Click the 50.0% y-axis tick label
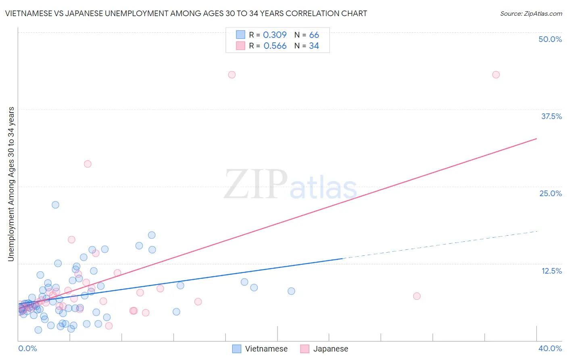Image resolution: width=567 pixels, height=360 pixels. (x=550, y=39)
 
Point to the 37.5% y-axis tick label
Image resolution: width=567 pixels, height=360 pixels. (x=551, y=116)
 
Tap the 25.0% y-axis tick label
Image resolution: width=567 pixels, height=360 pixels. (x=550, y=193)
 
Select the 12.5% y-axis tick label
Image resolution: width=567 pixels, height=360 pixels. (x=551, y=271)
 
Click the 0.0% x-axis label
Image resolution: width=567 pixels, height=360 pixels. (x=27, y=348)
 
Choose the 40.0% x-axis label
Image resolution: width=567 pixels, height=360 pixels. (x=550, y=348)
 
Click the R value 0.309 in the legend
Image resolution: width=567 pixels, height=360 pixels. (x=275, y=35)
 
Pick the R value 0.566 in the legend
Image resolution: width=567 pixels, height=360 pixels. (x=275, y=46)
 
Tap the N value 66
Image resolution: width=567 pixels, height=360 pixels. (x=314, y=35)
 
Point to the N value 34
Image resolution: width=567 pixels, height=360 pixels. (x=314, y=46)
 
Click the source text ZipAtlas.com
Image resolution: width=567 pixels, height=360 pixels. (x=531, y=13)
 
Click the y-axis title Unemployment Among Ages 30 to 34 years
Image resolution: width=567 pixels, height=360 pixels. (x=11, y=184)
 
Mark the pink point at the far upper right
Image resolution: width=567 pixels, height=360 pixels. (x=496, y=75)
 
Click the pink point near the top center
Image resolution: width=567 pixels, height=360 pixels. (x=232, y=75)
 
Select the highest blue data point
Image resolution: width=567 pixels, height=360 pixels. (x=56, y=205)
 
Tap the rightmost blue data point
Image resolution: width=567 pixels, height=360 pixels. (x=291, y=291)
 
